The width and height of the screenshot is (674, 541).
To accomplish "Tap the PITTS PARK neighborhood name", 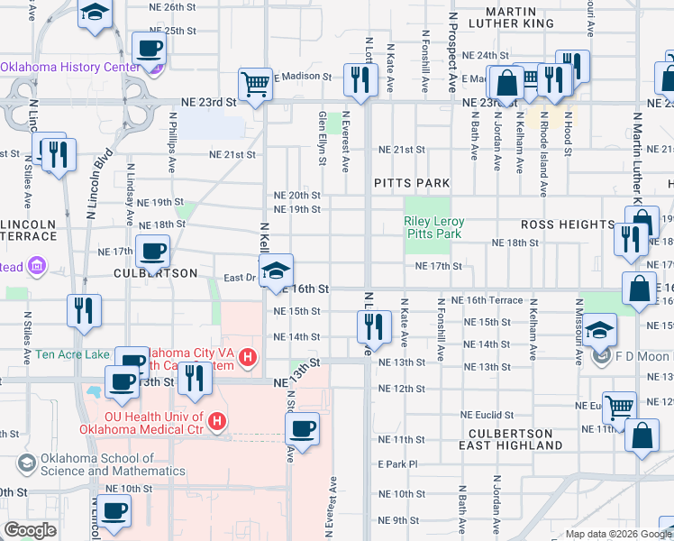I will [x=412, y=183].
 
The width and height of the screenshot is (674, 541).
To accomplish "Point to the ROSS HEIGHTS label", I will [x=568, y=224].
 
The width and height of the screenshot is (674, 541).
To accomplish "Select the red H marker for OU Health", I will [x=216, y=421].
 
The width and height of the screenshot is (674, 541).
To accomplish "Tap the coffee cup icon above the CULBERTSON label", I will [x=151, y=250].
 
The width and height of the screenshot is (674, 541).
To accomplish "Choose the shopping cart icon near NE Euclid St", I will [x=619, y=407].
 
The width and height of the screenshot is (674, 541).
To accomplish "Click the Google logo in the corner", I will [x=30, y=531].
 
